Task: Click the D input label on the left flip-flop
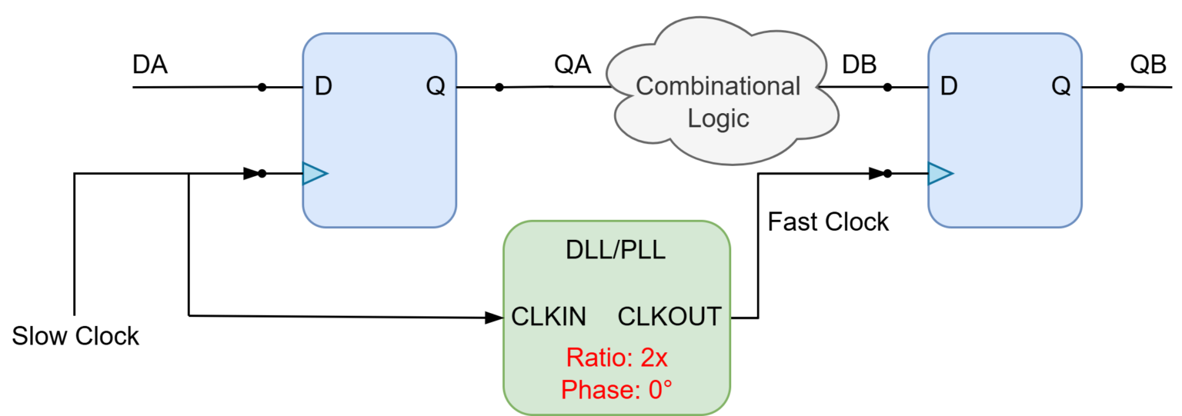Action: point(323,87)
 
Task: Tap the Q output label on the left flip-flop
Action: point(436,87)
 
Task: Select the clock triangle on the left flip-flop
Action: point(315,174)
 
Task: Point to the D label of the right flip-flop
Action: point(949,87)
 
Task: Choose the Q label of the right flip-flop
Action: point(1061,87)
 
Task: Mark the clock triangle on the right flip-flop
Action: point(940,174)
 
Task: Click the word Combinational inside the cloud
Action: point(718,86)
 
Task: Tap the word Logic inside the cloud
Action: point(718,119)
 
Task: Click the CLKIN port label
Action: point(549,316)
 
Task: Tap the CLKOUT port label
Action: point(669,316)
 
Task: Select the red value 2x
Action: point(654,358)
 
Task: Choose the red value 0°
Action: point(660,390)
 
